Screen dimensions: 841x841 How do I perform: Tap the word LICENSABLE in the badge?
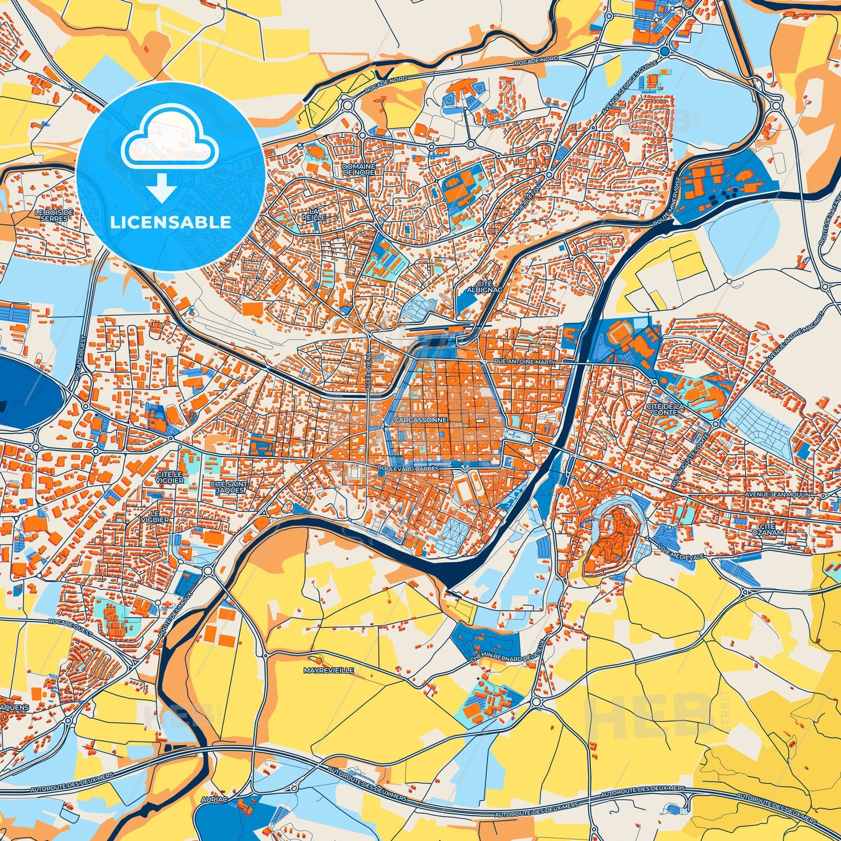click(171, 222)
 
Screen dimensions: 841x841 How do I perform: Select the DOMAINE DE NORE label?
click(359, 169)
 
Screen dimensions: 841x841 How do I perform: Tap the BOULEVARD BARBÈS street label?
click(407, 467)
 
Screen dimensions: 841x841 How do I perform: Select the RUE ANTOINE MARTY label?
click(524, 361)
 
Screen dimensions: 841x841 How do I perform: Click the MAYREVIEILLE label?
click(329, 670)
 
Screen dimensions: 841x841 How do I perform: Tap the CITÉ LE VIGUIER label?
click(170, 477)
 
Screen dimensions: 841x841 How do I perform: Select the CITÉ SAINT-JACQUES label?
click(230, 487)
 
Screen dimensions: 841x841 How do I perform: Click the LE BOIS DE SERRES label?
click(54, 215)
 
